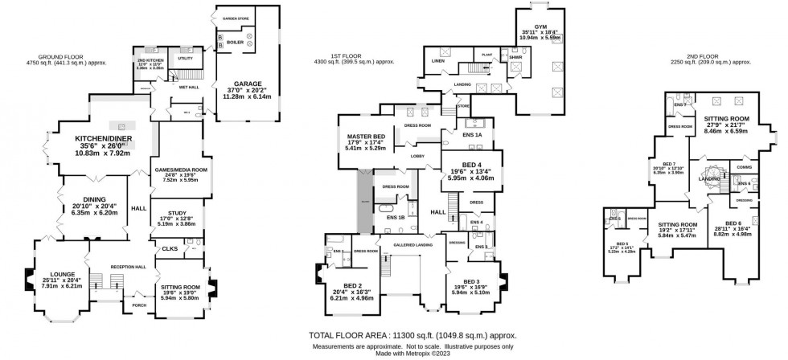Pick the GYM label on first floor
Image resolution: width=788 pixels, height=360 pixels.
529,26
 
